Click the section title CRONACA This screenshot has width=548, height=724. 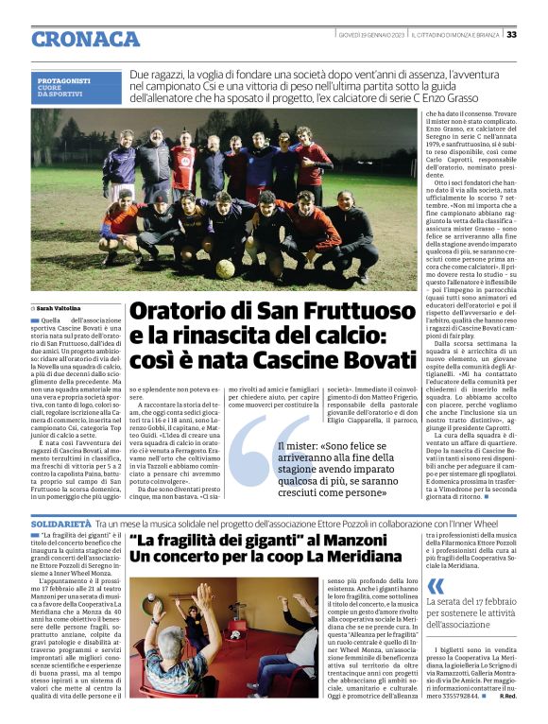click(85, 39)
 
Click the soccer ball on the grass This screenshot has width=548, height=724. click(225, 269)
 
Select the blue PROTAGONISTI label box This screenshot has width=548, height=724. click(76, 88)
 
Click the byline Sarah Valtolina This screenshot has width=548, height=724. click(59, 308)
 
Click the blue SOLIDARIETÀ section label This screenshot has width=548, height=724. click(60, 522)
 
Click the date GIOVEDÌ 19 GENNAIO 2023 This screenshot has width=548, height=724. click(372, 35)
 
